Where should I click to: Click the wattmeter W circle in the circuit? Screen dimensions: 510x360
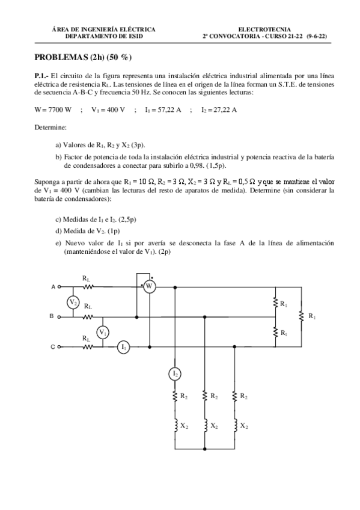[148, 287]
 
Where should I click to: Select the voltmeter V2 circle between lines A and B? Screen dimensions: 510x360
[73, 302]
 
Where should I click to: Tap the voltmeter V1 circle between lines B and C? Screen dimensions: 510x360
[103, 332]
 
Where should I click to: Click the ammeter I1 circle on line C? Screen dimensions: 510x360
[124, 347]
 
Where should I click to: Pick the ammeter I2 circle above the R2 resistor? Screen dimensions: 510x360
[175, 374]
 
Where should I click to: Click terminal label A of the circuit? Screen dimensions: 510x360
[53, 287]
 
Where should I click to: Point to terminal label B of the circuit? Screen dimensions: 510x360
[53, 317]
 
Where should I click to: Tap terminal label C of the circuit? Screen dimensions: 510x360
[53, 347]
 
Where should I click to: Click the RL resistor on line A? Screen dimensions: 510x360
[88, 287]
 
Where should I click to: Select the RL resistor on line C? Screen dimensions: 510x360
[88, 347]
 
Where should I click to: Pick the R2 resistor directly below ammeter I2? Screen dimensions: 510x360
[175, 396]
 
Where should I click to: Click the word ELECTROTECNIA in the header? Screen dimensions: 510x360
[264, 29]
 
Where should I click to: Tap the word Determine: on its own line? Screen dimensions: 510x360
[50, 127]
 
